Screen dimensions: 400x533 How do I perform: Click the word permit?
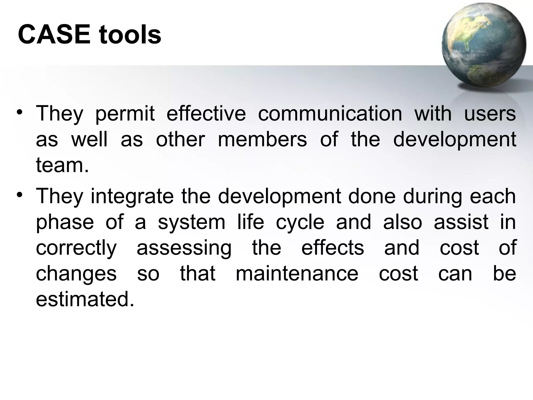pyautogui.click(x=125, y=114)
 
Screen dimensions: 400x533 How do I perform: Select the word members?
pyautogui.click(x=262, y=139)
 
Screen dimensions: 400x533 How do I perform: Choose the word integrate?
pyautogui.click(x=132, y=197)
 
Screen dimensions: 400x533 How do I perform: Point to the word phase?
pyautogui.click(x=65, y=222)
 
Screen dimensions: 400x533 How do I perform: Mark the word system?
pyautogui.click(x=192, y=222)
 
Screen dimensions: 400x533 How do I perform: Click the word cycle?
pyautogui.click(x=300, y=222)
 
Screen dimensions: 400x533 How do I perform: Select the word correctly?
pyautogui.click(x=76, y=248)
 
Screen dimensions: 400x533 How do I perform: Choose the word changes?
pyautogui.click(x=76, y=274)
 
